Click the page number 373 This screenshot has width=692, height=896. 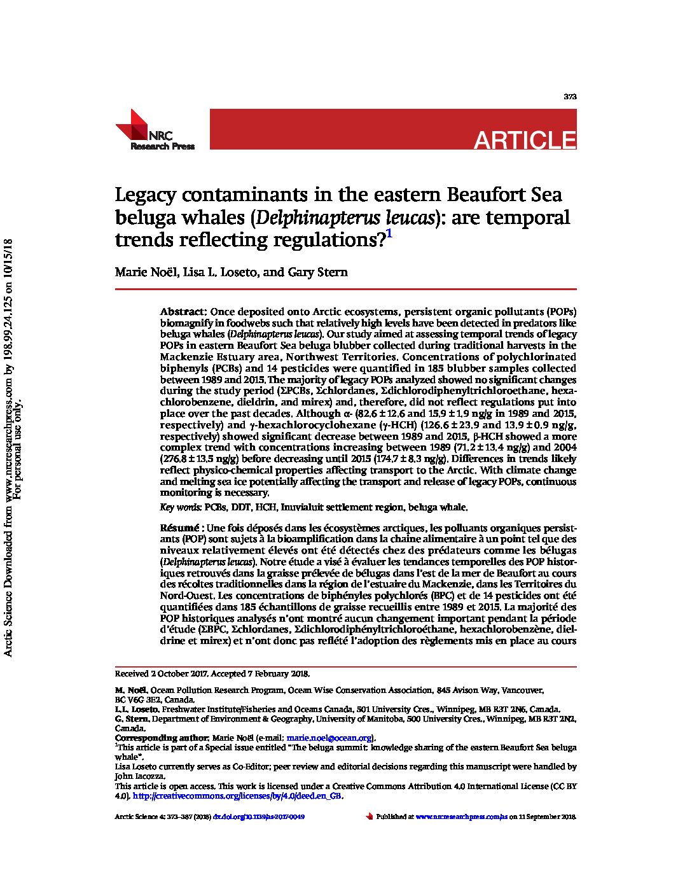click(x=570, y=97)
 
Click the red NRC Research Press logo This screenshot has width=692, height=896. click(x=153, y=130)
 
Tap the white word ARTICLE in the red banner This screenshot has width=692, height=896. click(x=524, y=140)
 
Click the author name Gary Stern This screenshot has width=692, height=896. click(x=318, y=272)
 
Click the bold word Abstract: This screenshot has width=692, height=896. click(x=183, y=312)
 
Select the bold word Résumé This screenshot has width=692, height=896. click(x=179, y=528)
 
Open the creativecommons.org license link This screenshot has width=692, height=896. click(x=237, y=796)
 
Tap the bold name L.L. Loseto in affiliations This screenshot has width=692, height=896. click(x=137, y=710)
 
